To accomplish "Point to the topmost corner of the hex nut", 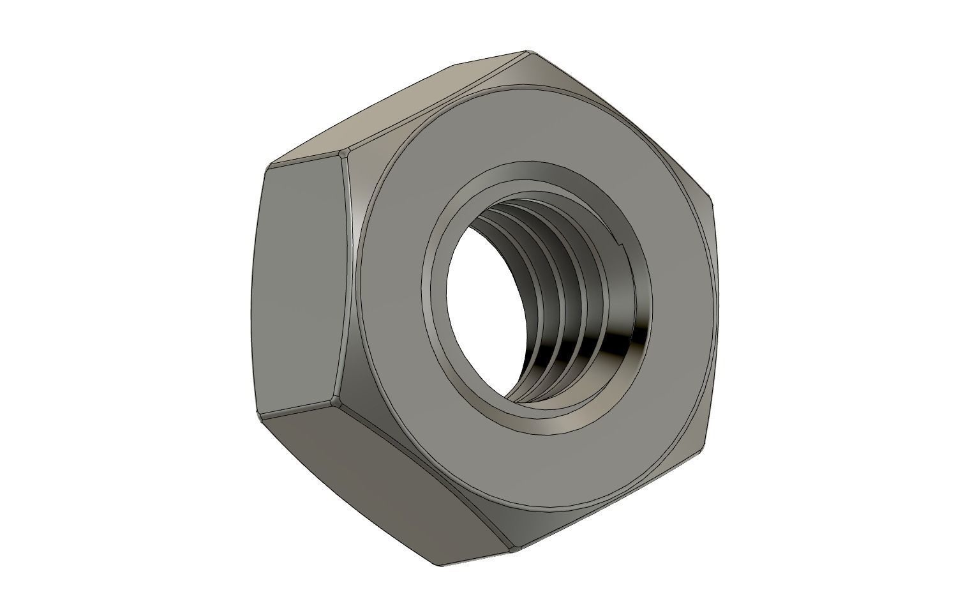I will click(x=527, y=52).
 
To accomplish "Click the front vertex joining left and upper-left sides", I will click(x=345, y=153).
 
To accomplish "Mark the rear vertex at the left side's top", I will click(x=267, y=167).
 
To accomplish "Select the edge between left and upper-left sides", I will click(x=305, y=160).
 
